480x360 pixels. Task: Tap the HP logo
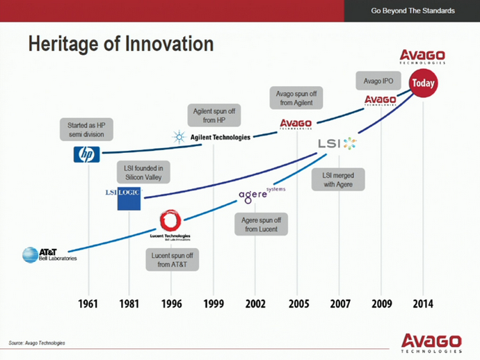pos(86,154)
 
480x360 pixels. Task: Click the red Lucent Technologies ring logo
pos(170,222)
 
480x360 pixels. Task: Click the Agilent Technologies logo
pos(212,137)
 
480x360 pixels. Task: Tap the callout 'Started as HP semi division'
pos(86,129)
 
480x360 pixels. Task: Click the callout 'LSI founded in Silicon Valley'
pos(143,172)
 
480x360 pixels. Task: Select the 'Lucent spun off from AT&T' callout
pos(172,260)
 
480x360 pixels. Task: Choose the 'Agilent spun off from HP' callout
pos(214,115)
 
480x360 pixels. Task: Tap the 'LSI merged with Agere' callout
pos(338,180)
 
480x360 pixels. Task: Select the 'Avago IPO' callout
pos(378,81)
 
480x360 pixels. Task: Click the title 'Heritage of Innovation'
pos(120,44)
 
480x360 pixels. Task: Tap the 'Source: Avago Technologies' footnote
pos(37,343)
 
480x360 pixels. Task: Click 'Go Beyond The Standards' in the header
pos(413,11)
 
